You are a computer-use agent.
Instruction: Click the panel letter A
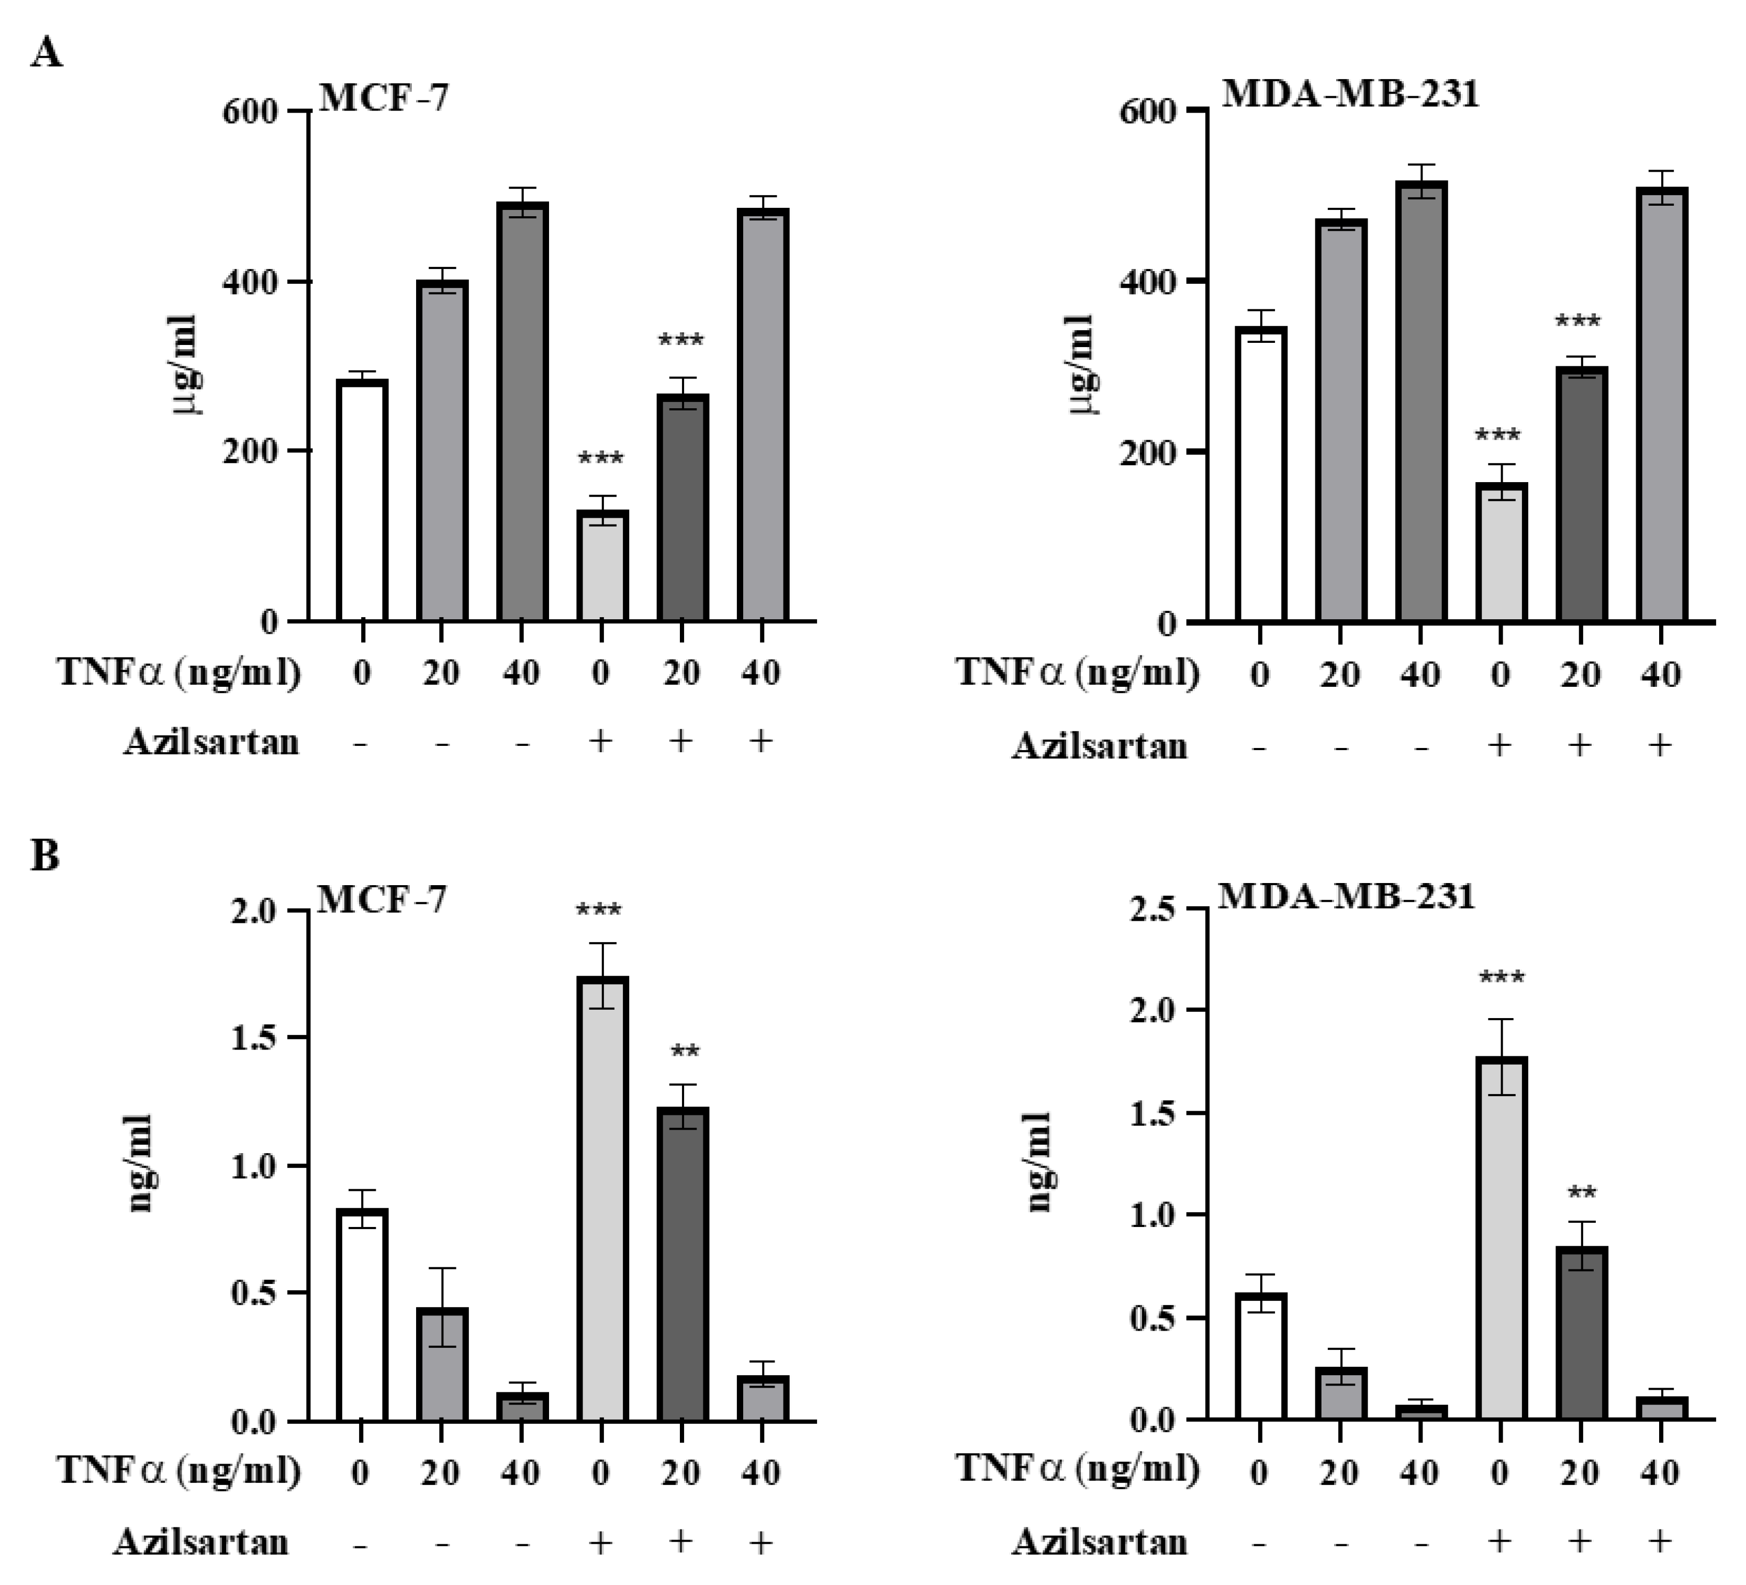coord(46,54)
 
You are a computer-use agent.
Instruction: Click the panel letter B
coord(45,856)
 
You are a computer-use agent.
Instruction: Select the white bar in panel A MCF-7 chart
coord(362,500)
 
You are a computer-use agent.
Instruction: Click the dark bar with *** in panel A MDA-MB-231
coord(1581,494)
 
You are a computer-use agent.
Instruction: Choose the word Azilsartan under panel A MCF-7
coord(211,742)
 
